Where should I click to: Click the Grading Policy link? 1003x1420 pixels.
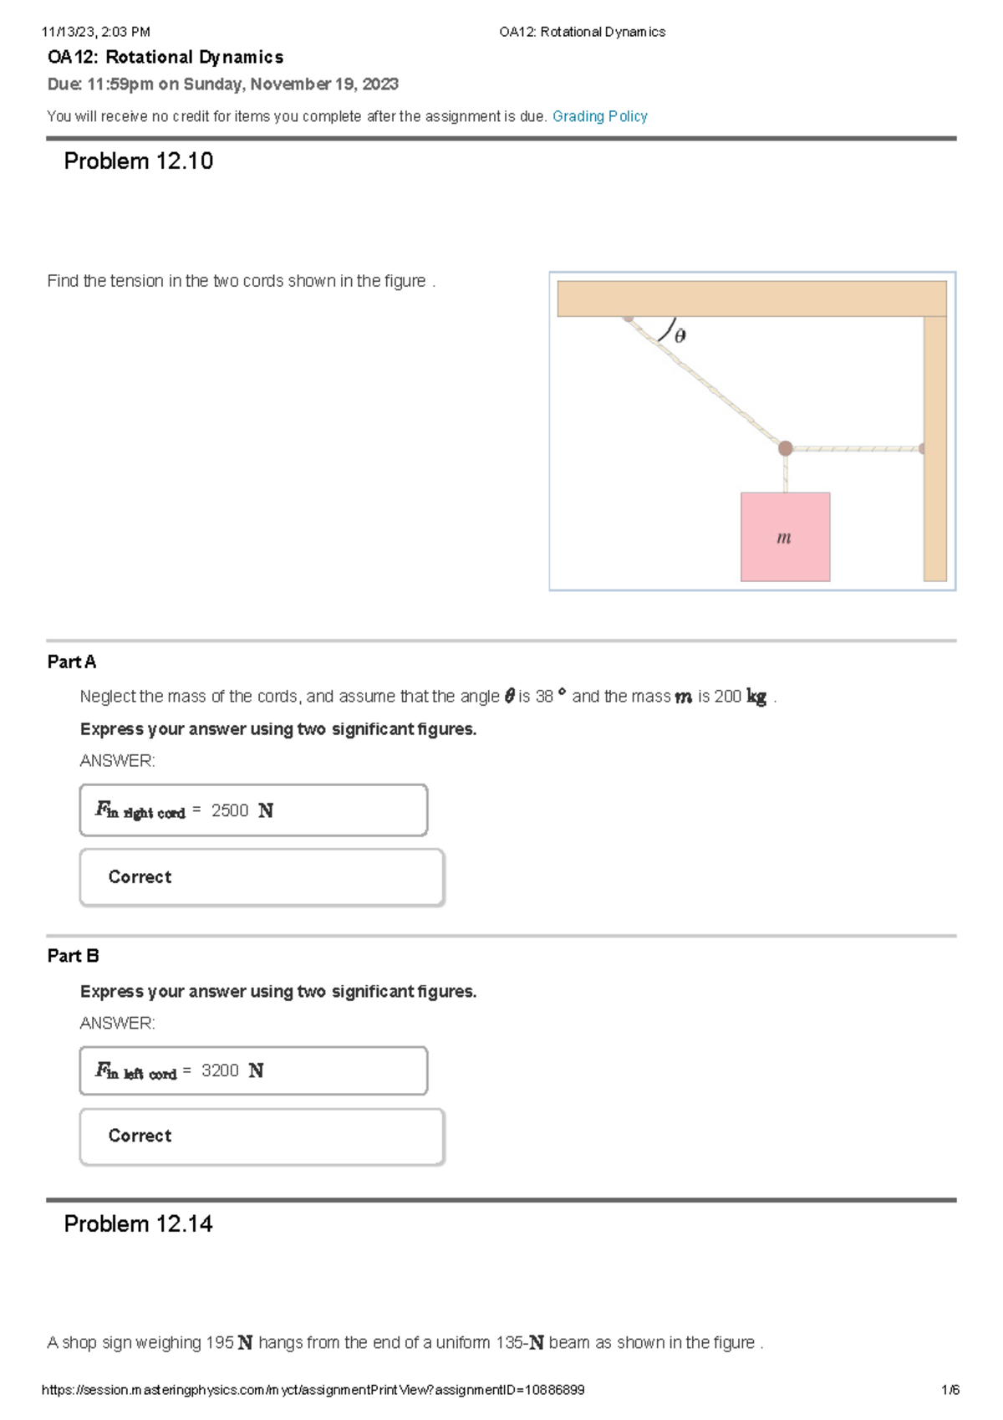click(599, 116)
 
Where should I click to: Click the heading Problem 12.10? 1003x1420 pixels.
click(138, 161)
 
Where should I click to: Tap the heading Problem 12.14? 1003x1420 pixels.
click(138, 1223)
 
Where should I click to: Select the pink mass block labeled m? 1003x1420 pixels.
click(785, 537)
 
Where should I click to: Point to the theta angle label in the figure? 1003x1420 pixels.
click(680, 336)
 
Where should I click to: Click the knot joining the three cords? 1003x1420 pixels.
click(785, 448)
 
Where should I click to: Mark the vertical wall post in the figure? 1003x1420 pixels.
click(934, 448)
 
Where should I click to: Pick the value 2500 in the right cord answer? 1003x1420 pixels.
click(230, 810)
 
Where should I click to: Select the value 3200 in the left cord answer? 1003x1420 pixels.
click(220, 1070)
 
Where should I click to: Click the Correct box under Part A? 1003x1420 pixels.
click(261, 877)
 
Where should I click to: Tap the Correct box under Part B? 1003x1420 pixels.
click(261, 1136)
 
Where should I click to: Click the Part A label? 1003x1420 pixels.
click(71, 661)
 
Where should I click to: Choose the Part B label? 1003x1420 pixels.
click(73, 955)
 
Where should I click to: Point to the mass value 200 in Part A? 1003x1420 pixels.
click(727, 697)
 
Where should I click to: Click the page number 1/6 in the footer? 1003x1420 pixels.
click(950, 1390)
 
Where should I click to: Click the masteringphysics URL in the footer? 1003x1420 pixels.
click(313, 1390)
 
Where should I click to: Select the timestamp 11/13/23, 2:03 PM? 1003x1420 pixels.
click(95, 32)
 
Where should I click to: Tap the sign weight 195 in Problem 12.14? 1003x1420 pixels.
click(219, 1342)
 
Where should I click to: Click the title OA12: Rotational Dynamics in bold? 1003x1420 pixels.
click(165, 57)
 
